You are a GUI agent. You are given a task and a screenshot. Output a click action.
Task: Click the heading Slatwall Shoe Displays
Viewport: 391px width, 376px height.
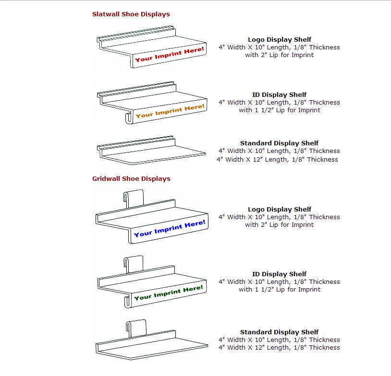click(x=131, y=14)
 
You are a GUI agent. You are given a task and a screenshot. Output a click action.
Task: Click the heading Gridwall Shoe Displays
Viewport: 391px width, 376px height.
click(x=131, y=179)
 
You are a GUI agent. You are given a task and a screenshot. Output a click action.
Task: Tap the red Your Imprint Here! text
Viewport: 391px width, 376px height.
click(x=169, y=54)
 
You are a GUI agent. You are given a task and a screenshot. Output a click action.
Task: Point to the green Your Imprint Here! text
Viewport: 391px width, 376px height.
click(x=169, y=293)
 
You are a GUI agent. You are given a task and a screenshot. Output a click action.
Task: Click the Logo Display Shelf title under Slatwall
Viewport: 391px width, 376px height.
click(x=279, y=40)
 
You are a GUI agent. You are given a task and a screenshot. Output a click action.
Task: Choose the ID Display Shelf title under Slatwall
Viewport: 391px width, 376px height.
click(x=279, y=95)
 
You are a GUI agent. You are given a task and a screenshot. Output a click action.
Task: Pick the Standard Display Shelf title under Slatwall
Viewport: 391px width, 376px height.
click(x=279, y=143)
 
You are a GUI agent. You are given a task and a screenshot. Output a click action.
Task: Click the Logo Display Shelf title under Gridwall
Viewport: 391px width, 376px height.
click(x=279, y=210)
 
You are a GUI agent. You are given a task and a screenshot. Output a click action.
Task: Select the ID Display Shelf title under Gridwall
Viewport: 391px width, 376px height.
click(x=279, y=274)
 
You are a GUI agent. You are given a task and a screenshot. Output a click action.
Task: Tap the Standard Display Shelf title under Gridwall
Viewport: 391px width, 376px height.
click(x=279, y=332)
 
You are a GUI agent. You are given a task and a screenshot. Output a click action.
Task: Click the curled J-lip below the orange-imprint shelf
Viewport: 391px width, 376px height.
click(x=129, y=118)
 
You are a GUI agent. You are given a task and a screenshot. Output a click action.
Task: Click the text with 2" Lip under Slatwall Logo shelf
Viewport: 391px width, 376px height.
click(x=279, y=55)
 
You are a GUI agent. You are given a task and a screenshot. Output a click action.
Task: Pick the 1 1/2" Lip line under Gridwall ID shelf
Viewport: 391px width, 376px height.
click(x=279, y=290)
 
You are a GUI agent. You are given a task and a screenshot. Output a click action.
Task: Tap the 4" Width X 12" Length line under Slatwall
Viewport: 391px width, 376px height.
click(x=277, y=160)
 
